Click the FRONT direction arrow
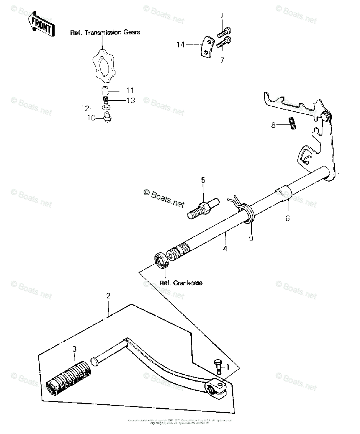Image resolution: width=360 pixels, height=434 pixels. (x=43, y=24)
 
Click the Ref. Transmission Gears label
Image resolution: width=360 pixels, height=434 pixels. (x=105, y=33)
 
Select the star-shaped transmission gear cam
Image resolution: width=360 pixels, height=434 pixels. (x=102, y=65)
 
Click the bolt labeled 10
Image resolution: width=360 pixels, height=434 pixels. (x=107, y=118)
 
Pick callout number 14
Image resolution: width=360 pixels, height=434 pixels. (x=181, y=45)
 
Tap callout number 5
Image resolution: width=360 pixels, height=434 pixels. (x=203, y=180)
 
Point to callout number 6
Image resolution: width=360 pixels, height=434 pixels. (x=288, y=218)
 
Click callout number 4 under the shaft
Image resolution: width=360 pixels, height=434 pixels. (x=225, y=249)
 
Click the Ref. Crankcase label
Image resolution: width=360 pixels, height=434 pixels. (x=181, y=283)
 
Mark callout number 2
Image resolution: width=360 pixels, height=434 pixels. (x=108, y=295)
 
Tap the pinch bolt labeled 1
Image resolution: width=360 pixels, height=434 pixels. (x=219, y=366)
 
